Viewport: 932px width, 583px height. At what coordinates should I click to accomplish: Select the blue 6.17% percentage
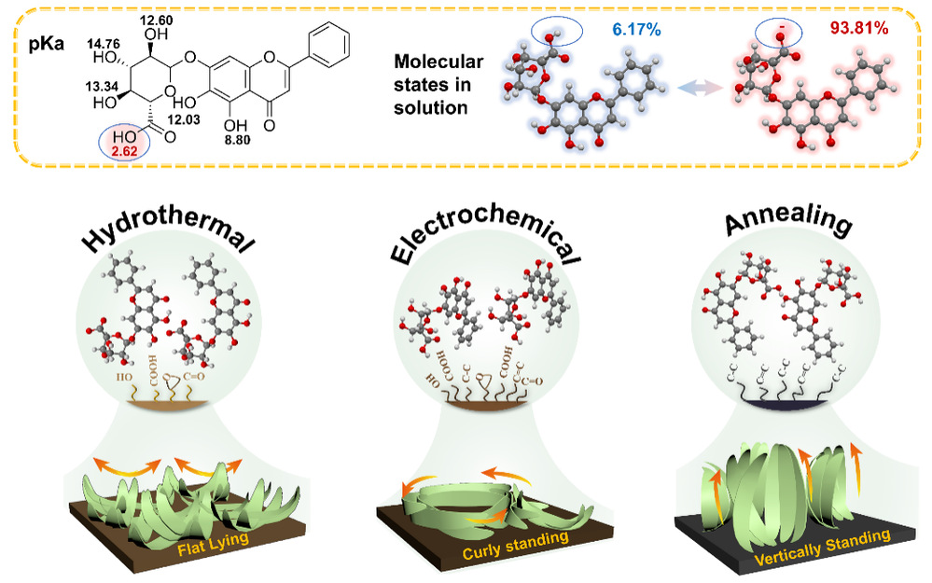point(638,31)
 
